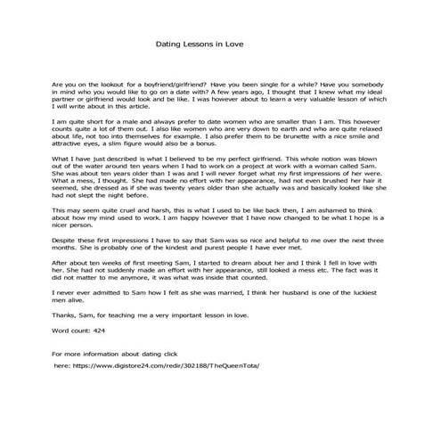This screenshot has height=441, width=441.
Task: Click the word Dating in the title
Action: pos(170,42)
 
